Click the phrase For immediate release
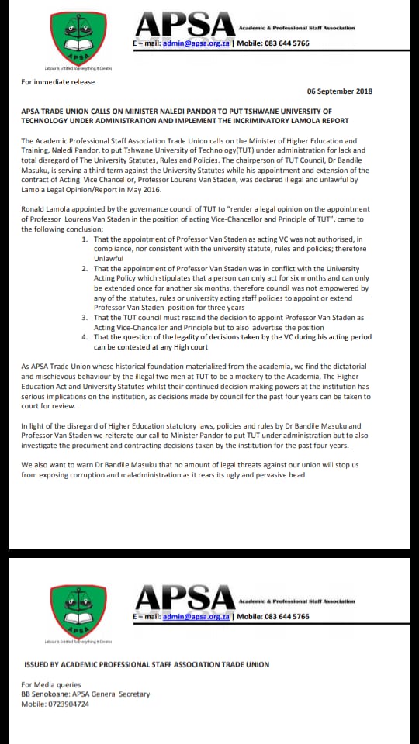pyautogui.click(x=47, y=81)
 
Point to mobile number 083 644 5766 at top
pyautogui.click(x=283, y=43)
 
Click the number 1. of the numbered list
pyautogui.click(x=85, y=240)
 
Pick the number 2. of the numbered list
pyautogui.click(x=85, y=268)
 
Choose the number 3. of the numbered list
pyautogui.click(x=85, y=318)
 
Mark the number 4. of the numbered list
pyautogui.click(x=85, y=337)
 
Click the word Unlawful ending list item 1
pyautogui.click(x=109, y=258)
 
